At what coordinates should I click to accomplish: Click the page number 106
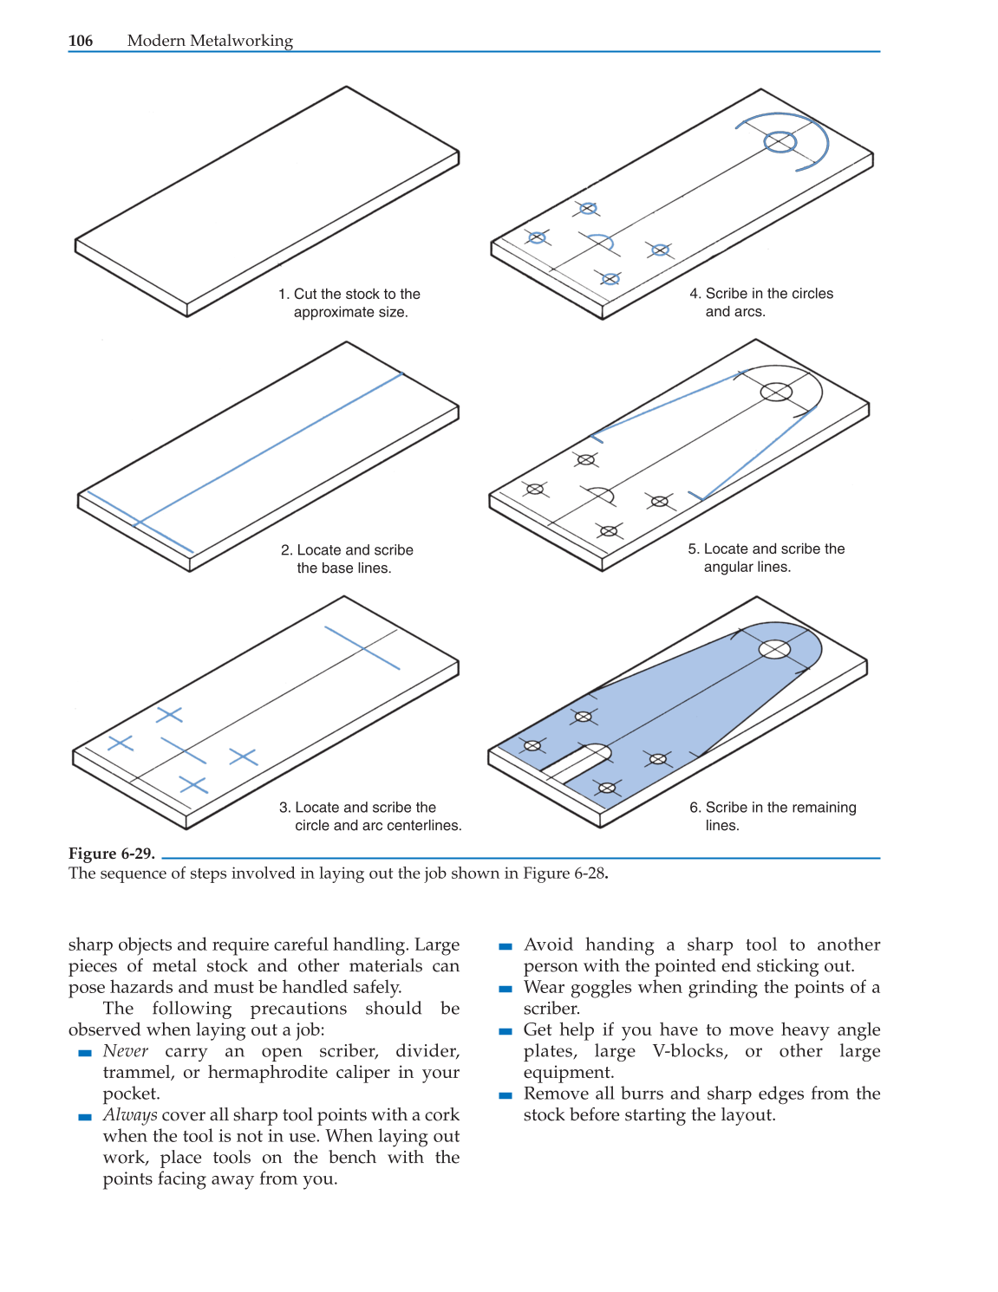click(81, 41)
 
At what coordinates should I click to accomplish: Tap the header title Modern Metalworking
click(210, 41)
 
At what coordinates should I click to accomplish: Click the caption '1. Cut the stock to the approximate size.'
click(349, 303)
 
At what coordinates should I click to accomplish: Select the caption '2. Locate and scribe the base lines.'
click(347, 559)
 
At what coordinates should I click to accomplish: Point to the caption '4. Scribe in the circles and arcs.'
click(760, 302)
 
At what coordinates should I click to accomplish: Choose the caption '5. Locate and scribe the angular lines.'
click(766, 558)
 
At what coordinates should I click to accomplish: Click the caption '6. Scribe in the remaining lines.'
click(772, 816)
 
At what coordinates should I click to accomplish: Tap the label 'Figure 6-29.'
click(112, 854)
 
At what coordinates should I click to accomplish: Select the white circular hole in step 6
click(774, 649)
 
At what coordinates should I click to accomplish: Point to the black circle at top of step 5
click(776, 393)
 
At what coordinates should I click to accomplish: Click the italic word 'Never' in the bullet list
click(126, 1051)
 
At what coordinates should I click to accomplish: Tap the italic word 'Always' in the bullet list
click(130, 1115)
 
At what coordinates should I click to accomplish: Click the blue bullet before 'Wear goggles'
click(506, 989)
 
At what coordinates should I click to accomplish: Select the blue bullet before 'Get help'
click(506, 1031)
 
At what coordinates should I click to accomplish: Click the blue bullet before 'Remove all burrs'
click(506, 1095)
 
